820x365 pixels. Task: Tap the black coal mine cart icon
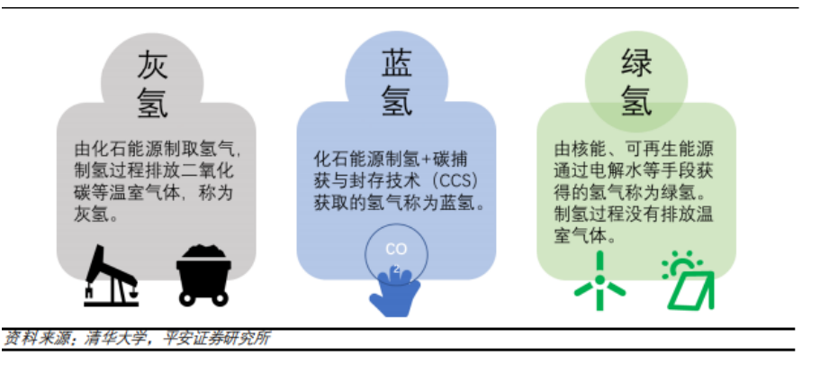[203, 274]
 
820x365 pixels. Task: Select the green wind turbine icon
[599, 281]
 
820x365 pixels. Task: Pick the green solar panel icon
[688, 280]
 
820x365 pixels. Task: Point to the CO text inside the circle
[396, 250]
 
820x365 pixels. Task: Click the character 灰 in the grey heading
[153, 66]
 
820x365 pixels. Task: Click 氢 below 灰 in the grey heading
[153, 102]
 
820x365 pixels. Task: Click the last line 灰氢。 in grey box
[95, 214]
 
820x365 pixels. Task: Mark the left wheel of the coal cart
[187, 298]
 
